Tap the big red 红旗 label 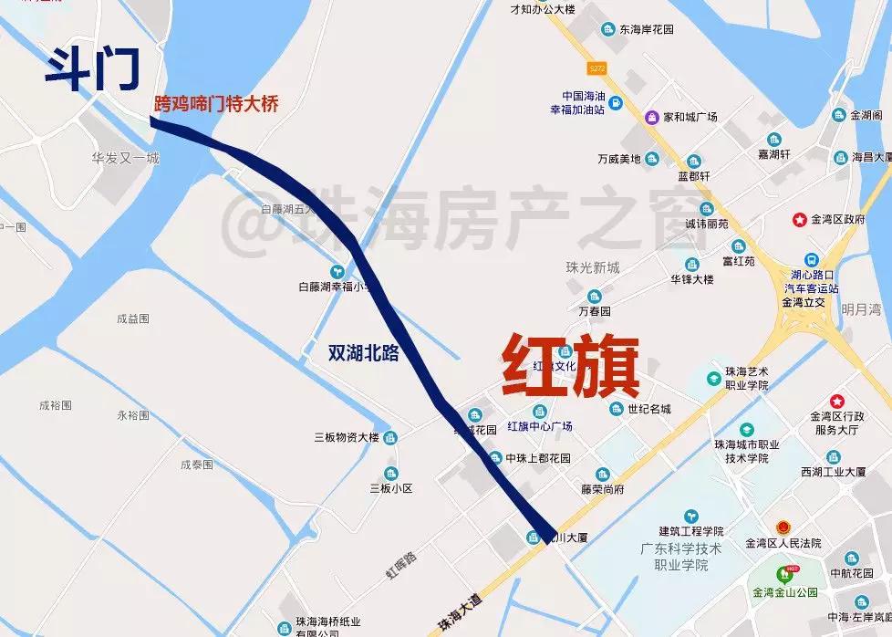(570, 366)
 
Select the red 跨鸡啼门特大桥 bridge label (215, 104)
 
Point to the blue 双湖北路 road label (364, 353)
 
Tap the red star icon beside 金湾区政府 (800, 219)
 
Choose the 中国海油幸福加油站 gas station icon (616, 102)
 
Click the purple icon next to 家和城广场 (652, 117)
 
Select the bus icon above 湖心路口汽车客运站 (811, 259)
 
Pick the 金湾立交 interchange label (804, 302)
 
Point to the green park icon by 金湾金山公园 (782, 573)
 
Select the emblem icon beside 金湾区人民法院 (782, 527)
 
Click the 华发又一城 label (125, 158)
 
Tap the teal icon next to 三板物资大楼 (389, 436)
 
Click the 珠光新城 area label (592, 267)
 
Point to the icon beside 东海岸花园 (607, 29)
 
